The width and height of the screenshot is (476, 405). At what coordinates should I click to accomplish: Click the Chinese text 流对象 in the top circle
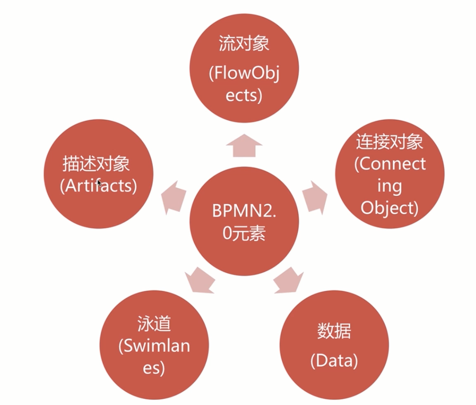coord(244,44)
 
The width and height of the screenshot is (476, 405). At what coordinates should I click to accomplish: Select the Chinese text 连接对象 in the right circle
coord(389,142)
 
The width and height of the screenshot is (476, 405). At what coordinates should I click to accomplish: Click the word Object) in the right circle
coord(389,208)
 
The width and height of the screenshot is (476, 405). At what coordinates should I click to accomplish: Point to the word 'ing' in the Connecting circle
coord(389,186)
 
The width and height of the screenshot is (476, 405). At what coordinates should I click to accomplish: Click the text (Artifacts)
coord(98,186)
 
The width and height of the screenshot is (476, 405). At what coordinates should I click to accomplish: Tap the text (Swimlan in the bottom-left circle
coord(154,346)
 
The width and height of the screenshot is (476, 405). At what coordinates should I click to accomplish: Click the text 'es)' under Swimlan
coord(154,368)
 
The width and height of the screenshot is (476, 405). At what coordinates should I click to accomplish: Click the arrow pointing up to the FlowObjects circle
coord(244,145)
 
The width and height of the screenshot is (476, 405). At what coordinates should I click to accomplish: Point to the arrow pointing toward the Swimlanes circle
coord(200,279)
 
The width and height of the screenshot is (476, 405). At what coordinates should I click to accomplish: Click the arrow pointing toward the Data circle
coord(288,279)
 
